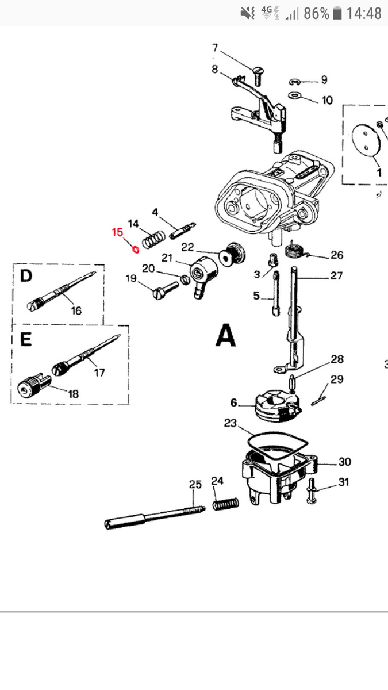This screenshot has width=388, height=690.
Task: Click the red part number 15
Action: (x=117, y=233)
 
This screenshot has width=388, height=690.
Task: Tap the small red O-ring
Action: (x=135, y=250)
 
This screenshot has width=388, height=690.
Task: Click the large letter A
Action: (x=225, y=335)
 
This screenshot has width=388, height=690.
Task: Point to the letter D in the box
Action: (x=26, y=277)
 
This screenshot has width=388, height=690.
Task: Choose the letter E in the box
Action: (x=25, y=339)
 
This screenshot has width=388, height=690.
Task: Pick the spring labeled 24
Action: (x=225, y=504)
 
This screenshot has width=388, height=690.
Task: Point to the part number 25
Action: (x=195, y=485)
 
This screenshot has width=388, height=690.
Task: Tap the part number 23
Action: (x=230, y=424)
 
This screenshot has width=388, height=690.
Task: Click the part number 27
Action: (x=336, y=276)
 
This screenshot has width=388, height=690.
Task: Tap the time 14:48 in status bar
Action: (x=364, y=13)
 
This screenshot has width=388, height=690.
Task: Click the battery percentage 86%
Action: (x=316, y=13)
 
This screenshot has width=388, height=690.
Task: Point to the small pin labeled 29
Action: (x=320, y=397)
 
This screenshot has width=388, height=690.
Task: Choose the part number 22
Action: (x=188, y=247)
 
